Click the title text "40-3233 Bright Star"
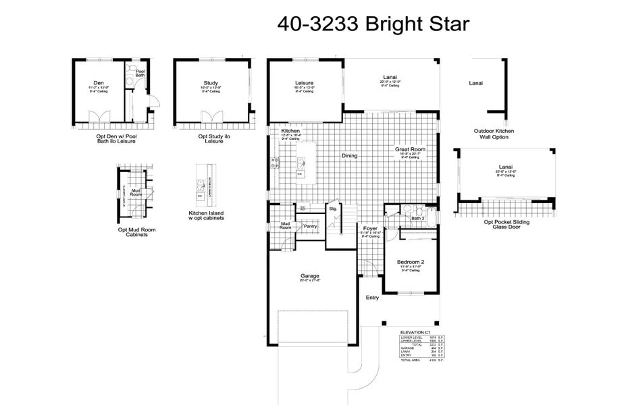[373, 24]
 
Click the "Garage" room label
[310, 276]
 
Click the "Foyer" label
[370, 228]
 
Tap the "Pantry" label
[311, 226]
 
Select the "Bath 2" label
[417, 219]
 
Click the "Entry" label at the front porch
[372, 298]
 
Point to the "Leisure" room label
[304, 84]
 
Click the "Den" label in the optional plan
[99, 83]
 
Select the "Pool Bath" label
[140, 74]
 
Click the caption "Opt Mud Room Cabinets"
[136, 233]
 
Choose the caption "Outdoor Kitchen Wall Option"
[494, 134]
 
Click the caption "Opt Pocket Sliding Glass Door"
[506, 225]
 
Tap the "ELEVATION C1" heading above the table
[415, 333]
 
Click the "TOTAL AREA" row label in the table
[413, 361]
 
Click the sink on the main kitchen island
[301, 162]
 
